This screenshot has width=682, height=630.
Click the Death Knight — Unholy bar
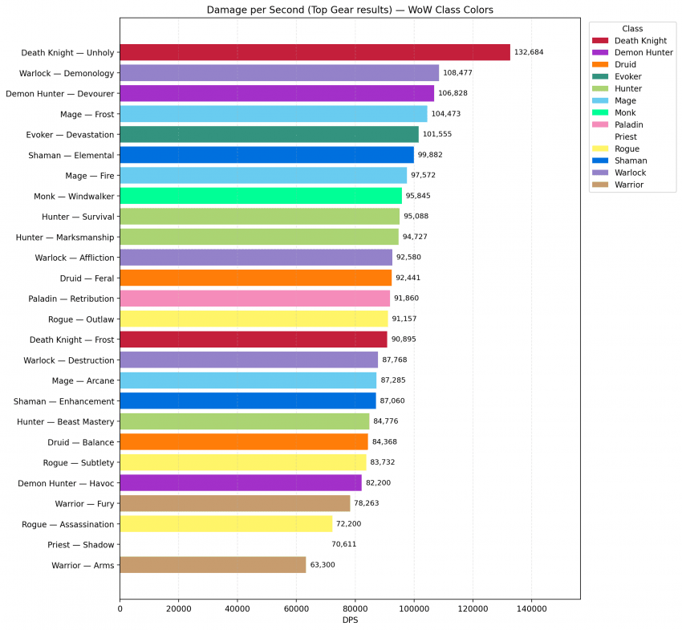[315, 53]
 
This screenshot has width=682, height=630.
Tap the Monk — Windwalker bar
[261, 196]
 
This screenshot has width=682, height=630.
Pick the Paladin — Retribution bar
[254, 299]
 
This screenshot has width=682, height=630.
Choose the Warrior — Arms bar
[213, 565]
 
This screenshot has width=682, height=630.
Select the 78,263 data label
[370, 503]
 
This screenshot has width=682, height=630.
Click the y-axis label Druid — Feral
[83, 278]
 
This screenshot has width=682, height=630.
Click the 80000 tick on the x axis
[355, 610]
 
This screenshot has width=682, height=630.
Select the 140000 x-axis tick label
[531, 610]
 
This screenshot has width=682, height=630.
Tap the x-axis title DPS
[350, 621]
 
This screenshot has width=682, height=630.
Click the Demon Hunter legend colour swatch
[599, 51]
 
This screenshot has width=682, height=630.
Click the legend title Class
[632, 28]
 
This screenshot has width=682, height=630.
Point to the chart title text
[350, 10]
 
